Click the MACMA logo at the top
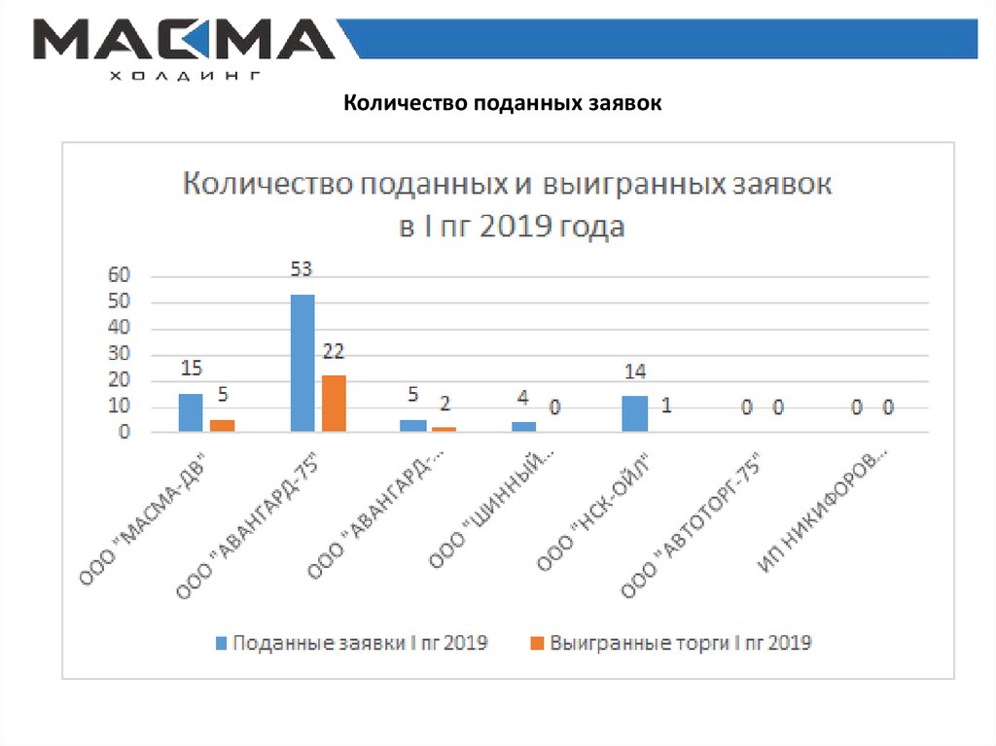(x=184, y=41)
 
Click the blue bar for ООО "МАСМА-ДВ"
(x=191, y=413)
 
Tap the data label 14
(x=634, y=373)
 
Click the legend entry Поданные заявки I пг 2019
(x=351, y=643)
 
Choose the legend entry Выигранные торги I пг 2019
(x=670, y=643)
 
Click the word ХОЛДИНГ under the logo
(x=184, y=75)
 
